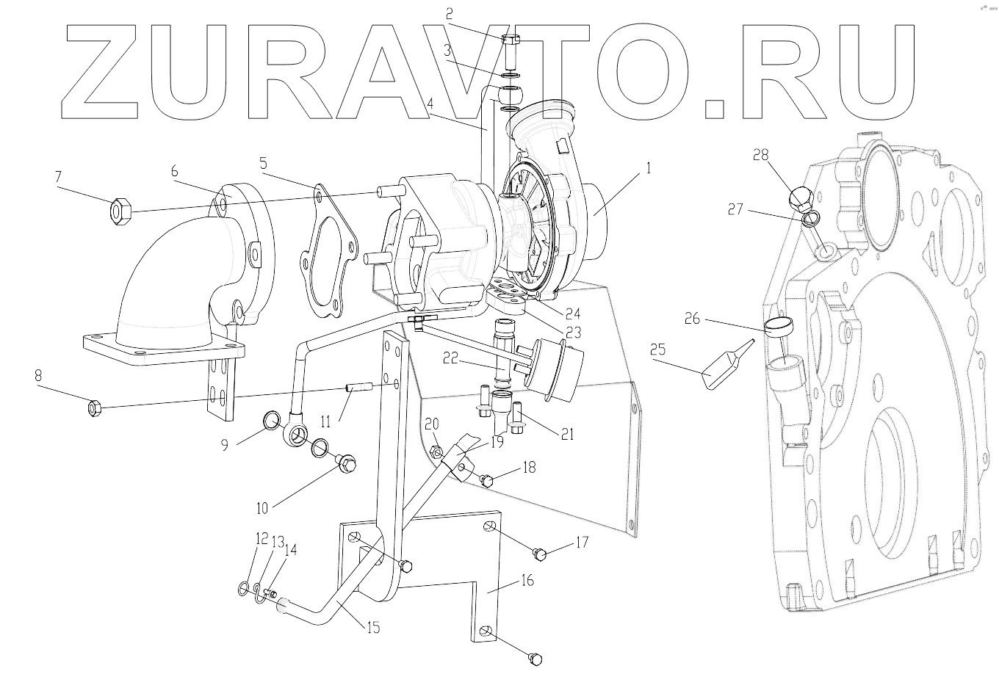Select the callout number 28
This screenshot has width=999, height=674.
(760, 154)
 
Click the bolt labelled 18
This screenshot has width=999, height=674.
(486, 480)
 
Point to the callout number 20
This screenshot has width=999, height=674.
(432, 424)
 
